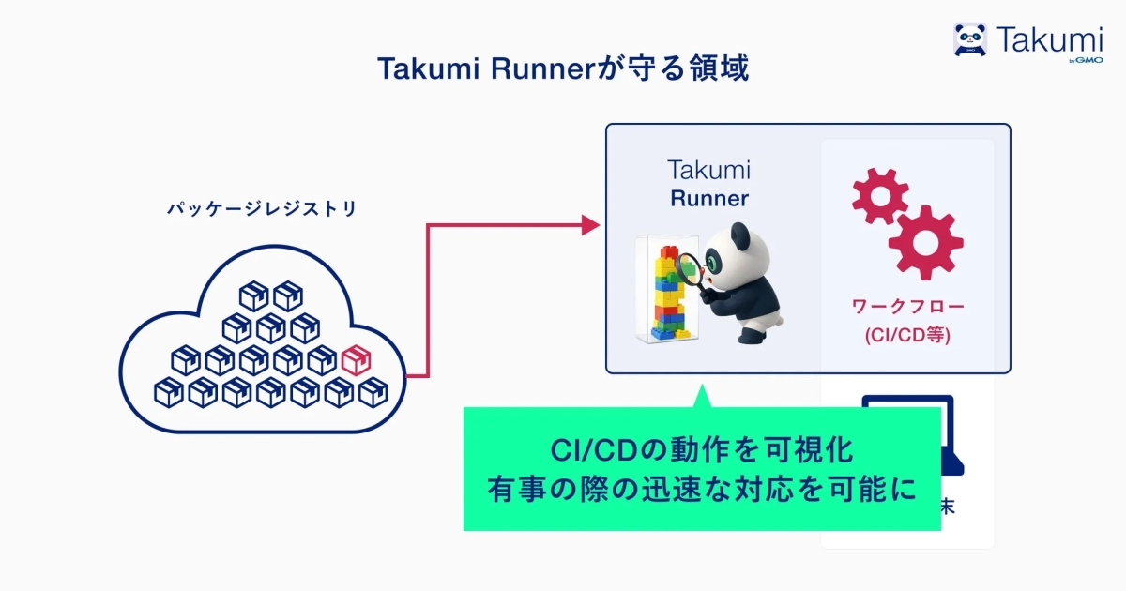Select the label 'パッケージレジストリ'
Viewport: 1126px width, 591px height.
(x=262, y=209)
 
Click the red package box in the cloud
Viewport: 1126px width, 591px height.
(x=356, y=359)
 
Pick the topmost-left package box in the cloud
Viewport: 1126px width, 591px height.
(x=253, y=296)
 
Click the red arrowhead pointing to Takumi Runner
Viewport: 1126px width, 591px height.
(x=590, y=224)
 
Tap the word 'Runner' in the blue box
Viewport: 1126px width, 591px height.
(x=709, y=199)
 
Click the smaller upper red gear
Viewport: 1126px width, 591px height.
(x=879, y=195)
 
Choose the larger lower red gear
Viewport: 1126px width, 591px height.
(x=925, y=242)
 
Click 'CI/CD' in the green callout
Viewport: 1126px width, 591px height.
(x=591, y=449)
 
